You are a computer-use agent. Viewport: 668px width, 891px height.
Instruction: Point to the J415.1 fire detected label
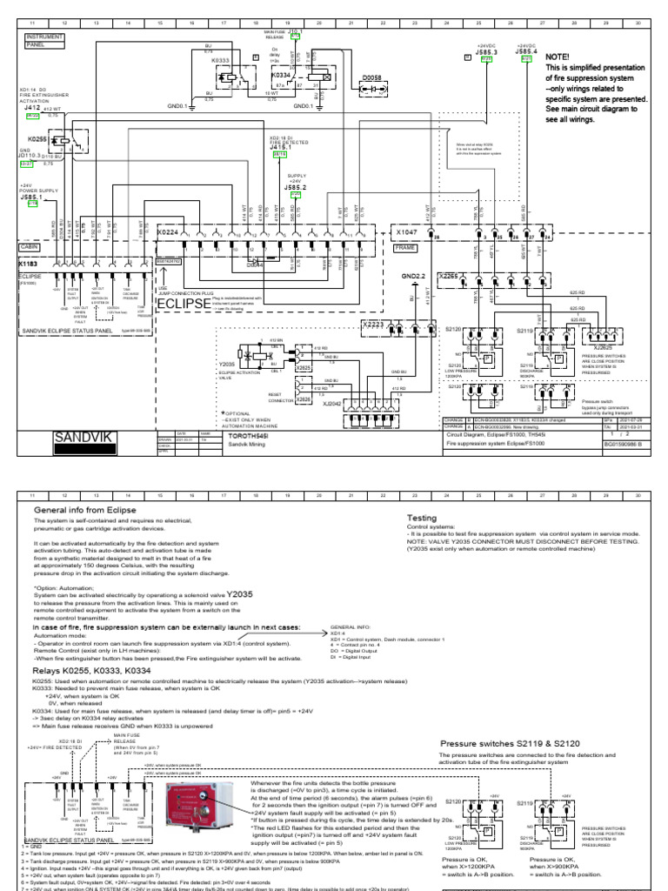tap(281, 146)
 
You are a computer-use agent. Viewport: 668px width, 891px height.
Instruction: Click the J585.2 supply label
tap(296, 186)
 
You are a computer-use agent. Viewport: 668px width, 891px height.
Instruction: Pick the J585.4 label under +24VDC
tap(525, 52)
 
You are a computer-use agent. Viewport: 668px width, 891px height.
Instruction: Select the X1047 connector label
tap(407, 233)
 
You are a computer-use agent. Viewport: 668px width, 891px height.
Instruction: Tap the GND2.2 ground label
tap(411, 277)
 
